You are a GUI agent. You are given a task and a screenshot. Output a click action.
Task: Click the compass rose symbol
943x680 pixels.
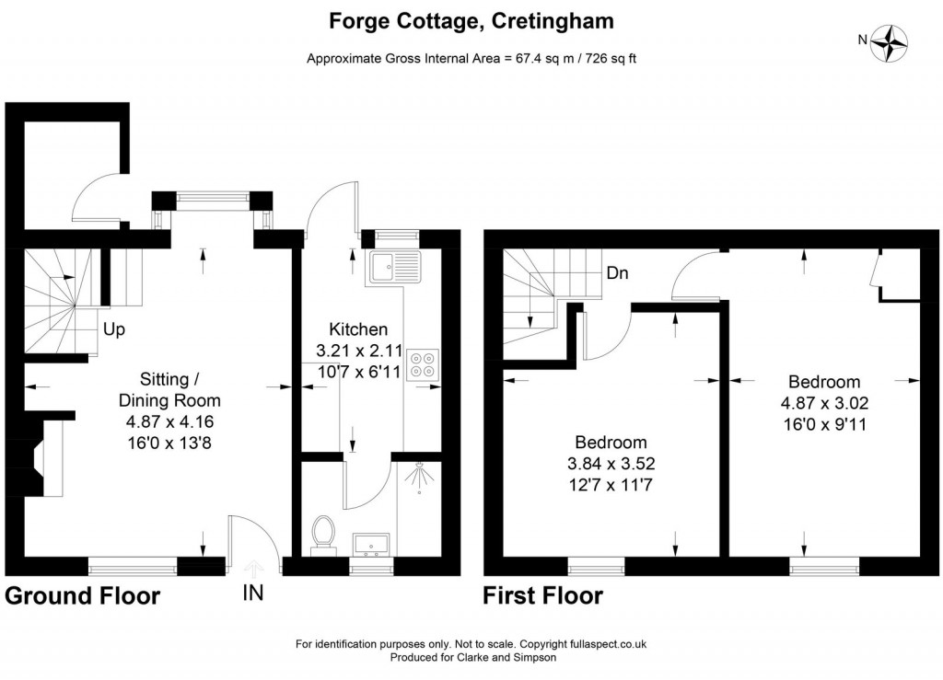[x=891, y=41]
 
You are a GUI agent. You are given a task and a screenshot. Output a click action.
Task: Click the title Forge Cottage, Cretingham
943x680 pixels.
[x=471, y=20]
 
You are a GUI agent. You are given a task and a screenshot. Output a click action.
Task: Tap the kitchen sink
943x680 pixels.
[x=393, y=266]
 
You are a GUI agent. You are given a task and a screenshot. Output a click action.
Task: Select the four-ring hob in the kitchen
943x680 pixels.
[x=423, y=363]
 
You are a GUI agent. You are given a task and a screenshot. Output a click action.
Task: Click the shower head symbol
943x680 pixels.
[x=421, y=478]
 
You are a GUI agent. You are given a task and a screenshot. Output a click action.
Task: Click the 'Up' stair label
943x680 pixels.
[x=114, y=328]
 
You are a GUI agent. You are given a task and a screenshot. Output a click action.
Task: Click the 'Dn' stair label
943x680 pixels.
[x=617, y=273]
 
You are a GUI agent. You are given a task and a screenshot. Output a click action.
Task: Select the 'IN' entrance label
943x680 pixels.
[x=253, y=594]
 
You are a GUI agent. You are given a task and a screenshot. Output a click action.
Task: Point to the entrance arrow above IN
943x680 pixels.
[x=253, y=567]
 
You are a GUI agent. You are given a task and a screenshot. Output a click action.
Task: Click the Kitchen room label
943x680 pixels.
[x=358, y=329]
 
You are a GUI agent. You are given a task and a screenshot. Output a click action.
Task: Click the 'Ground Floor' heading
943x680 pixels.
[x=83, y=596]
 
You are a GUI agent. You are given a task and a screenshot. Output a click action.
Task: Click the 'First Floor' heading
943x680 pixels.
[x=543, y=596]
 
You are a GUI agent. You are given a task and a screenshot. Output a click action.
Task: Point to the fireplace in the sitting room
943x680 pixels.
[x=44, y=457]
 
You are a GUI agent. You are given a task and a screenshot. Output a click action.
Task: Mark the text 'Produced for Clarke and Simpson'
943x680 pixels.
[x=471, y=658]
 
